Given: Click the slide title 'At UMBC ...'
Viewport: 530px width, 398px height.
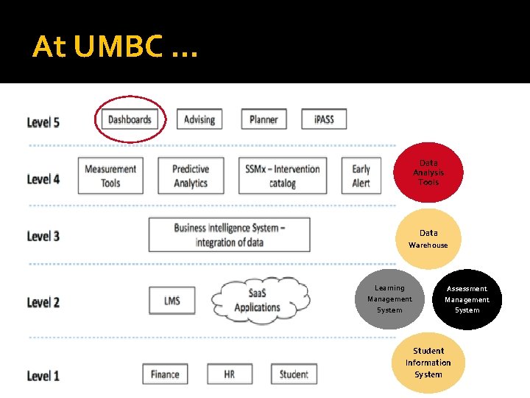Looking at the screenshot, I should pyautogui.click(x=116, y=48).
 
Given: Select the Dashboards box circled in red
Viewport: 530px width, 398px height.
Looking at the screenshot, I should pyautogui.click(x=130, y=119).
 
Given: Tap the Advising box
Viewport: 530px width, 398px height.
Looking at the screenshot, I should pyautogui.click(x=199, y=119).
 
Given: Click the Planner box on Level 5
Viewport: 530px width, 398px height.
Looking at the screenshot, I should pyautogui.click(x=264, y=119).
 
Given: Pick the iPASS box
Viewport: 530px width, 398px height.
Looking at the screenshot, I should pyautogui.click(x=324, y=119).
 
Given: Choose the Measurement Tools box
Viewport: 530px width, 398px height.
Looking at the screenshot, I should pyautogui.click(x=110, y=176).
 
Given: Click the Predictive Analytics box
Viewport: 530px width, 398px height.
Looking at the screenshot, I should pyautogui.click(x=191, y=176).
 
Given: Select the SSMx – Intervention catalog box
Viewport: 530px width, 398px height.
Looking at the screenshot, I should pyautogui.click(x=283, y=176).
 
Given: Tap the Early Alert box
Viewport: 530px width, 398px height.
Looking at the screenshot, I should pyautogui.click(x=361, y=176).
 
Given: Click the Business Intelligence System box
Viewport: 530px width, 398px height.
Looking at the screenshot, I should pyautogui.click(x=229, y=234).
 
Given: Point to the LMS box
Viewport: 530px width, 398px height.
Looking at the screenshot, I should pyautogui.click(x=172, y=301).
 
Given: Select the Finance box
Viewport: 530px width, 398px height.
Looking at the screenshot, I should pyautogui.click(x=165, y=374).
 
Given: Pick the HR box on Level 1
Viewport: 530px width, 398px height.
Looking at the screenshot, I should pyautogui.click(x=230, y=374).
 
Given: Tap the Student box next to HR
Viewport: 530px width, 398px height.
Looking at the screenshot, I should pyautogui.click(x=294, y=374).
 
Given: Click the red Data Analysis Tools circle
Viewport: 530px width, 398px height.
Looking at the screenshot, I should pyautogui.click(x=428, y=172).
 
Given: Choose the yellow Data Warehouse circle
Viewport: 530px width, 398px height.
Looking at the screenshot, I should pyautogui.click(x=428, y=238).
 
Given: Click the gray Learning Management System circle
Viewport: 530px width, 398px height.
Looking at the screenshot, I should pyautogui.click(x=390, y=299).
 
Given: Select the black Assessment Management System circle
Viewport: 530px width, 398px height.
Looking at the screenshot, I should pyautogui.click(x=467, y=299).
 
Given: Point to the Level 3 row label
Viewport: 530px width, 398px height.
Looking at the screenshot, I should pyautogui.click(x=43, y=237).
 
